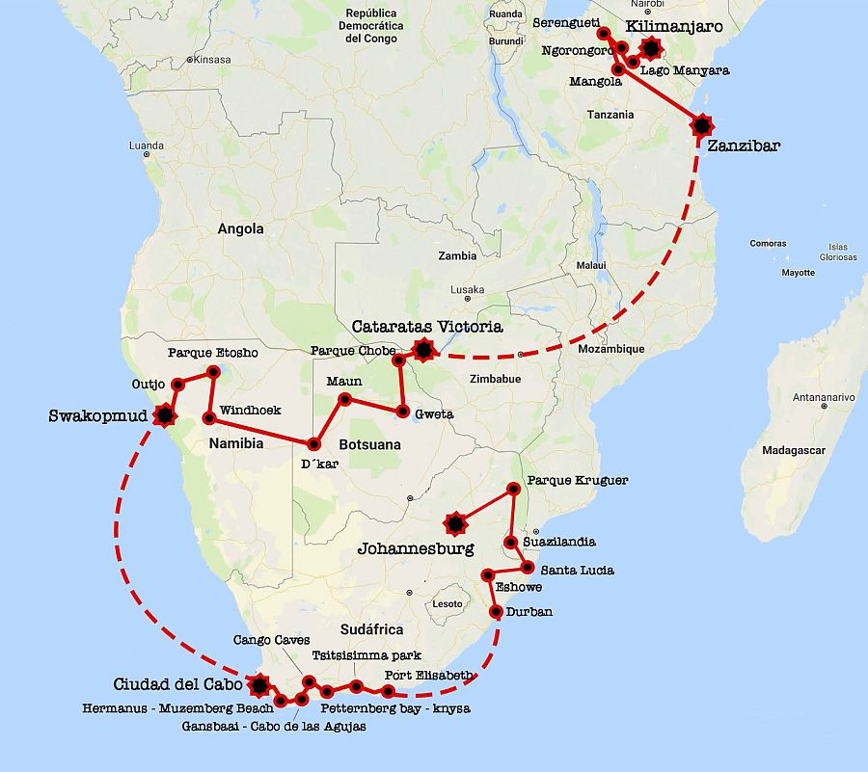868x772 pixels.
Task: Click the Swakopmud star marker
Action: point(166,414)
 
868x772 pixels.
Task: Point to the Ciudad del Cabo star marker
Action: point(258,685)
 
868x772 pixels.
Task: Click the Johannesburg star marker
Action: point(455,523)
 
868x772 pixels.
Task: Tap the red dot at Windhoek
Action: point(208,418)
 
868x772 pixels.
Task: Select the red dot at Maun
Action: point(343,399)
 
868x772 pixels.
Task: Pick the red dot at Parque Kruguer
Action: point(513,490)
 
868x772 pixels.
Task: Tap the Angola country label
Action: point(240,228)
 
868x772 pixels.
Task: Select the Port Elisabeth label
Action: point(428,675)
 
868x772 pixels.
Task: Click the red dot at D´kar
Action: point(313,444)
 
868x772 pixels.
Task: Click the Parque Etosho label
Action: point(213,353)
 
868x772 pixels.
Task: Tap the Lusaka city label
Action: point(467,289)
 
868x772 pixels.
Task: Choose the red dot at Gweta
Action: point(402,411)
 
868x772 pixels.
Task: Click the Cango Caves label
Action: point(271,639)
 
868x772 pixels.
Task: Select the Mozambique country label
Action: point(610,349)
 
